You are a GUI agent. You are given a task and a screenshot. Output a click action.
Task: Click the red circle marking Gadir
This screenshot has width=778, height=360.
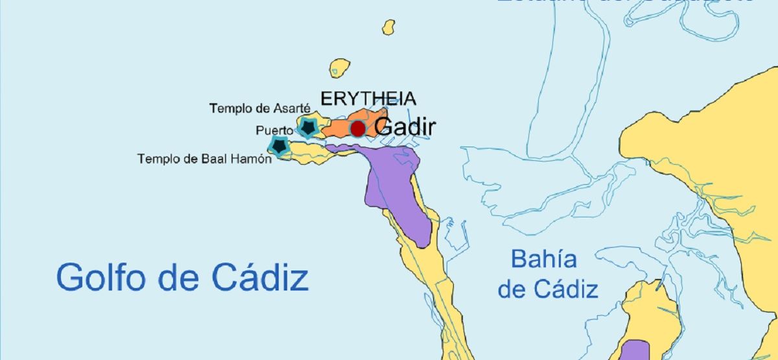pyautogui.click(x=357, y=128)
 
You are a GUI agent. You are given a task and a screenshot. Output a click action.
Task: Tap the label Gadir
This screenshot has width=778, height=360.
pyautogui.click(x=405, y=127)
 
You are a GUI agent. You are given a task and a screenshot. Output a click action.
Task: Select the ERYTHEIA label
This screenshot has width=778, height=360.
pyautogui.click(x=368, y=99)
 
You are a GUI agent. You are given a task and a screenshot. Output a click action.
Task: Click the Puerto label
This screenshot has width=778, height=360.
pyautogui.click(x=274, y=130)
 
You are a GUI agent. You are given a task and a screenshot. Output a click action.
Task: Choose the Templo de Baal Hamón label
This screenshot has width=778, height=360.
pyautogui.click(x=204, y=159)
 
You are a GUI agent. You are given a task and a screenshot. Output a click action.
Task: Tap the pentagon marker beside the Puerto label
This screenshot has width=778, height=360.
pyautogui.click(x=308, y=127)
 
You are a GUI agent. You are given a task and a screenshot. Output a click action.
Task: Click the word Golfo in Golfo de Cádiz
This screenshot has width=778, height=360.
pyautogui.click(x=100, y=278)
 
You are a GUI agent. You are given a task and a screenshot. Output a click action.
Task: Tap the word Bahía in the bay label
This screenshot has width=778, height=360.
pyautogui.click(x=543, y=259)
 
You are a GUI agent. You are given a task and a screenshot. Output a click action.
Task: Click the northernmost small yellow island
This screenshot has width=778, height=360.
pyautogui.click(x=388, y=27)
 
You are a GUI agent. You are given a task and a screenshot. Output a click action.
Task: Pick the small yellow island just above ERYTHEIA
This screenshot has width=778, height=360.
pyautogui.click(x=340, y=67)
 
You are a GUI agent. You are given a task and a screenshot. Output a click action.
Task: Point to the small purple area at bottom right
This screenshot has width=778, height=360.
pyautogui.click(x=634, y=350)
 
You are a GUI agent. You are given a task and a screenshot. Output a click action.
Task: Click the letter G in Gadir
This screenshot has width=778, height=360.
pyautogui.click(x=383, y=127)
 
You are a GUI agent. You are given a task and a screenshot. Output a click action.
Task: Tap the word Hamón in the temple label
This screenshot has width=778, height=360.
pyautogui.click(x=252, y=159)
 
